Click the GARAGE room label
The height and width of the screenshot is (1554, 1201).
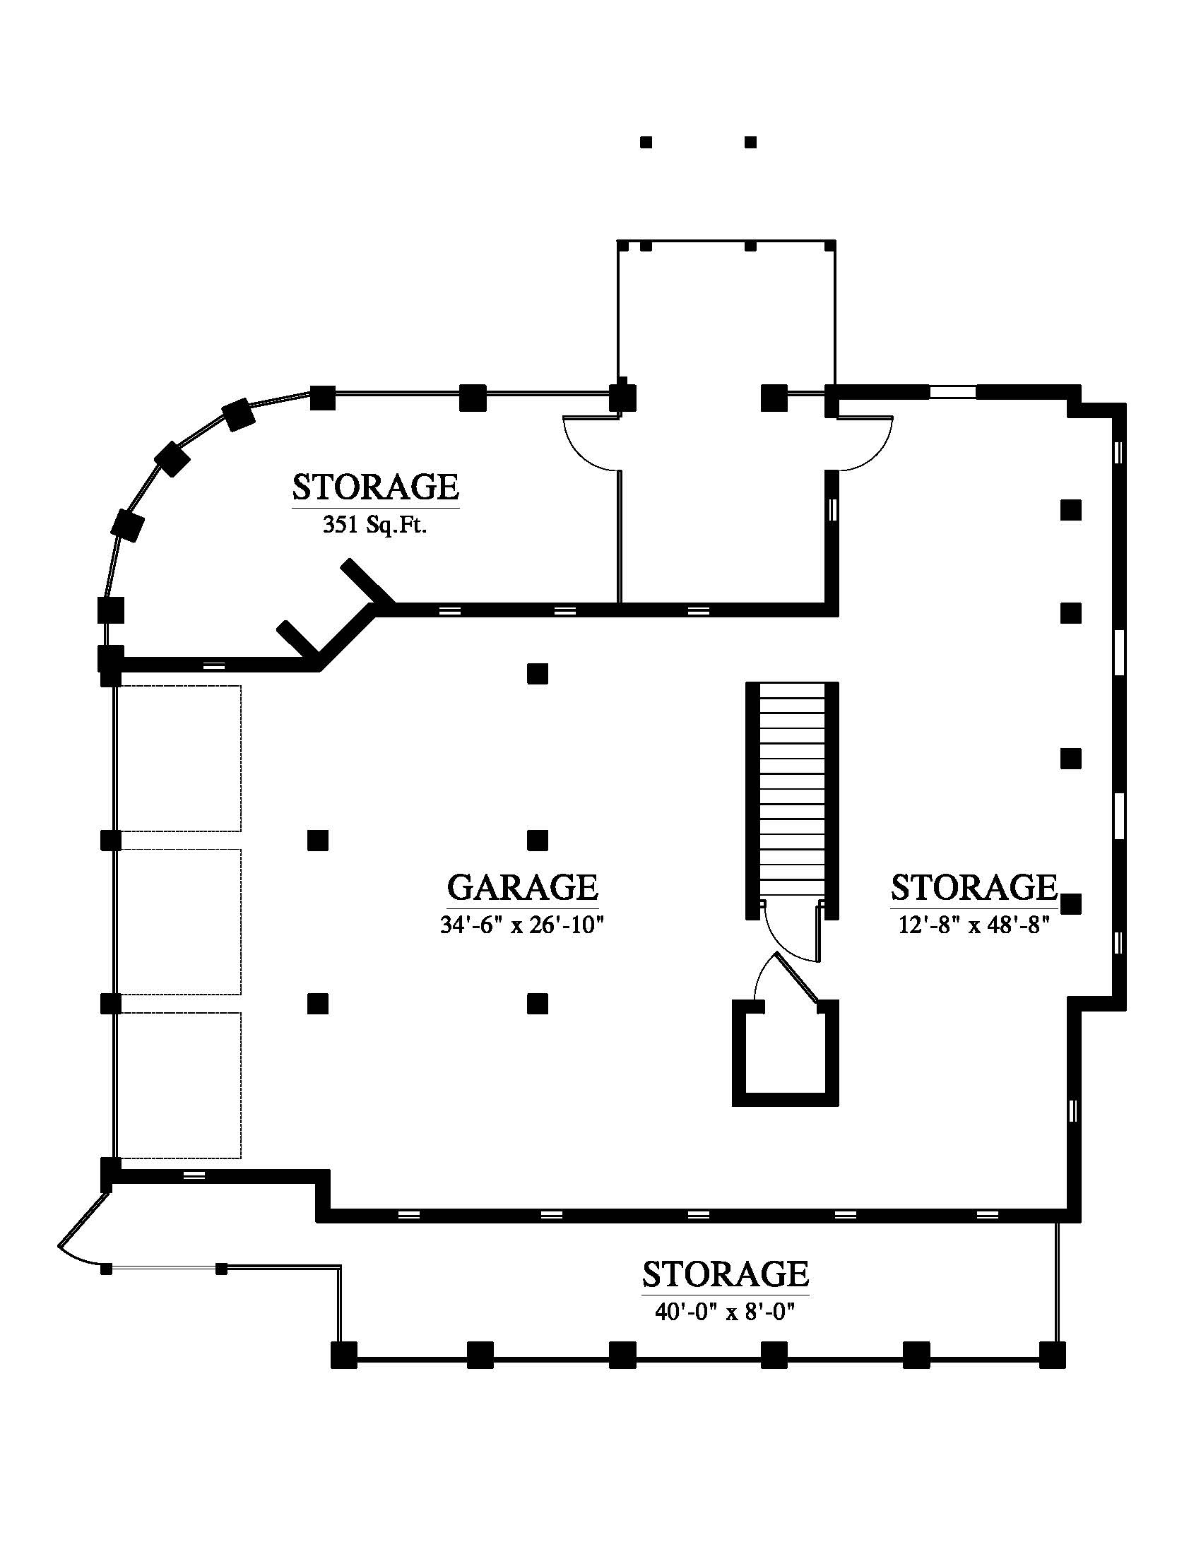click(x=522, y=887)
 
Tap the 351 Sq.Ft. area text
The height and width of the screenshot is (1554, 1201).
click(x=375, y=525)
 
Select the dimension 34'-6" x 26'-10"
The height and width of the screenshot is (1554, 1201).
click(x=522, y=925)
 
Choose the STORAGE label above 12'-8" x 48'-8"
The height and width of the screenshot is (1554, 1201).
click(x=974, y=887)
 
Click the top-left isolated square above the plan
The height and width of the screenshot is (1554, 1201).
click(x=646, y=142)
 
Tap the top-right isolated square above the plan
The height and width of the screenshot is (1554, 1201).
click(x=750, y=142)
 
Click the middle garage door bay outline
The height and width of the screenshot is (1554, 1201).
click(x=179, y=922)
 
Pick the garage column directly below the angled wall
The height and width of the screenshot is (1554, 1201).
click(x=537, y=673)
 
